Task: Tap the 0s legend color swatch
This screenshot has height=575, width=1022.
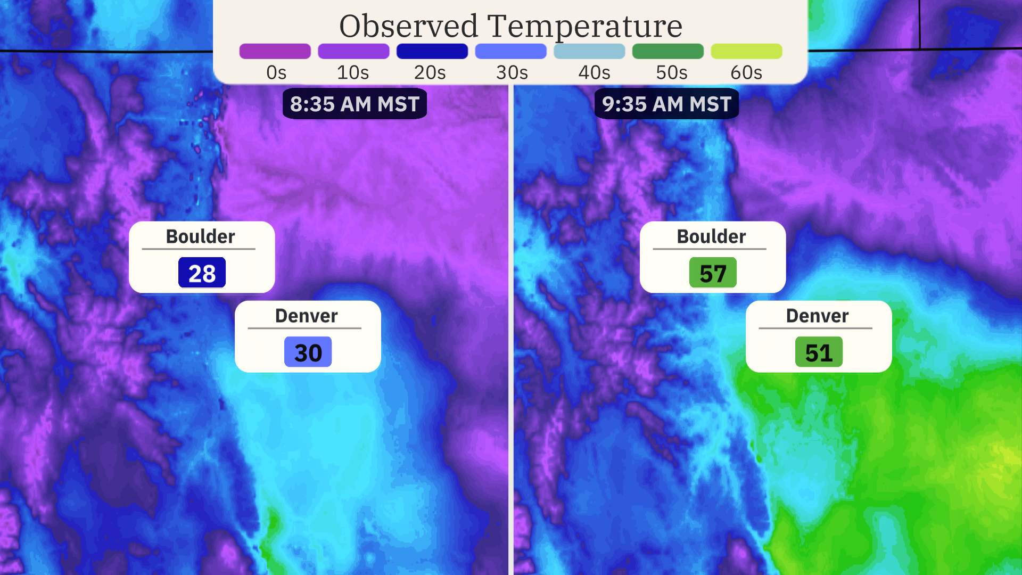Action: tap(275, 51)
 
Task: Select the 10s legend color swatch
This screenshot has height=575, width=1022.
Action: tap(353, 51)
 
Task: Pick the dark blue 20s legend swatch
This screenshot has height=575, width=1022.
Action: tap(432, 51)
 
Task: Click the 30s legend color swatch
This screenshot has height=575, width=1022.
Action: tap(510, 51)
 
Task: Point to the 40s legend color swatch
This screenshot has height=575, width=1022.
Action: tap(589, 51)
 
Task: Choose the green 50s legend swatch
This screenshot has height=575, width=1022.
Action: tap(667, 51)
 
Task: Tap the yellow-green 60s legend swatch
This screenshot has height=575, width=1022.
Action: tap(746, 51)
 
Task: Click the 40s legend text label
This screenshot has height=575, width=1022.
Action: tap(594, 72)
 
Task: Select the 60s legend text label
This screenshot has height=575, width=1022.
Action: tap(746, 72)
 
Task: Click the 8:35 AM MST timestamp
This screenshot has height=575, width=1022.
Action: tap(355, 104)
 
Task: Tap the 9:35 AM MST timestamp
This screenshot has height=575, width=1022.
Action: tap(666, 104)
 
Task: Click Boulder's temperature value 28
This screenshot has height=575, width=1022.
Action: tap(202, 273)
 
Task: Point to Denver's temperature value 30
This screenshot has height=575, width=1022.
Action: tap(308, 352)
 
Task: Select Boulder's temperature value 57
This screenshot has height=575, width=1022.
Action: tap(713, 273)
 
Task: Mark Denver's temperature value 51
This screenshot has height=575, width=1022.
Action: tap(819, 352)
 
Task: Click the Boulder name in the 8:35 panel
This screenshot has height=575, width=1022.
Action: tap(200, 236)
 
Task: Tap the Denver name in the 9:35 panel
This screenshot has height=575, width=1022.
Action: tap(817, 316)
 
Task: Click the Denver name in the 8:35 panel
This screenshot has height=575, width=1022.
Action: tap(306, 316)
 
